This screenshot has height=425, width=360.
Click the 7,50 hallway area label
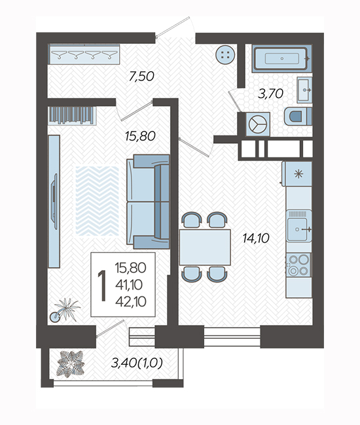click(141, 76)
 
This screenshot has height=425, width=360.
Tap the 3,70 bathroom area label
click(270, 93)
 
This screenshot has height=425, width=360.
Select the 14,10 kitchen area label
click(256, 238)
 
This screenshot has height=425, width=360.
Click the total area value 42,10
click(131, 301)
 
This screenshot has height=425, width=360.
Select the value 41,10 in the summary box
click(129, 284)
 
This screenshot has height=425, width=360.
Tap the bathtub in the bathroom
click(281, 59)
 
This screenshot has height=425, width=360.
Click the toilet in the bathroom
click(298, 116)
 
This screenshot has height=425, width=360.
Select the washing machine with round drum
click(258, 124)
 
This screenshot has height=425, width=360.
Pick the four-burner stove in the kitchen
click(298, 265)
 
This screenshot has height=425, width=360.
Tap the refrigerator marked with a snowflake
click(297, 174)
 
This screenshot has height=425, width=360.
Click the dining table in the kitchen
click(205, 247)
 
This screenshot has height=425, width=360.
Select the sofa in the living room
click(149, 201)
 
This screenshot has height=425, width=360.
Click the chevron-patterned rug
click(97, 201)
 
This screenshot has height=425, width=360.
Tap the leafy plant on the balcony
click(70, 364)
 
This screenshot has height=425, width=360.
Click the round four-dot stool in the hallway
click(225, 54)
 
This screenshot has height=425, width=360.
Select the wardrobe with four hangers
click(84, 54)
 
